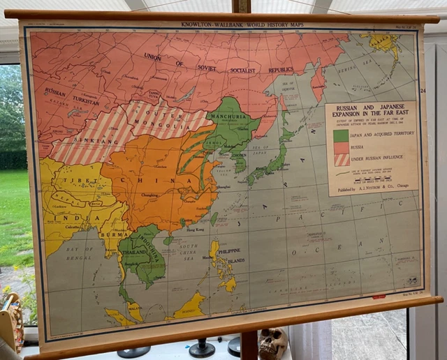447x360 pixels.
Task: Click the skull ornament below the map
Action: point(273,343)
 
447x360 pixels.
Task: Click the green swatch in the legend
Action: point(341,135)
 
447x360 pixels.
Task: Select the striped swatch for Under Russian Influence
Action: point(341,159)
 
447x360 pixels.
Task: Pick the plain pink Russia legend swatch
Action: point(341,147)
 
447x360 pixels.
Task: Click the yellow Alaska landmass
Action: point(385,43)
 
